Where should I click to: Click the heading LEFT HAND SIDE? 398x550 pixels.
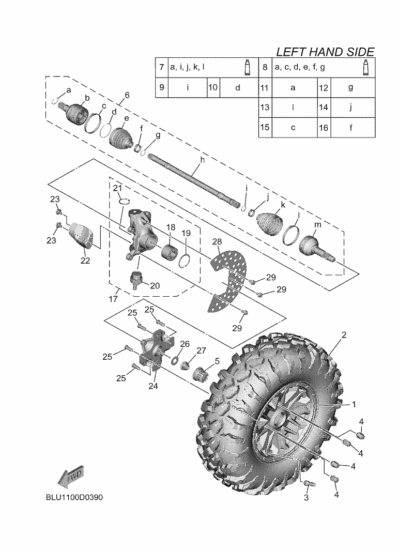[x=325, y=52]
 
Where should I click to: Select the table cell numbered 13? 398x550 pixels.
[x=265, y=108]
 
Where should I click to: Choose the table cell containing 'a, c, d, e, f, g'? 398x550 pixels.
[x=315, y=68]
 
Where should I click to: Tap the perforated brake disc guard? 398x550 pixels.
[x=231, y=279]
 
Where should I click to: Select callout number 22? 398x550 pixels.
[x=85, y=261]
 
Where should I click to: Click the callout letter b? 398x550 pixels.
[x=87, y=98]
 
